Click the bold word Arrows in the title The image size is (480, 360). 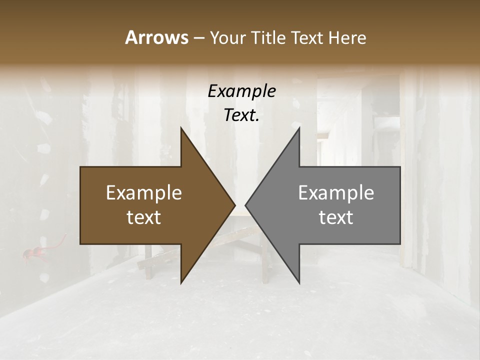(x=156, y=37)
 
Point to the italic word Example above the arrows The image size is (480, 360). (x=241, y=91)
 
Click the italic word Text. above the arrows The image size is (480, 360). (x=241, y=115)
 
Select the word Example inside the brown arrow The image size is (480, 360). (x=144, y=193)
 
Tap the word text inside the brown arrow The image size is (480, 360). (x=144, y=217)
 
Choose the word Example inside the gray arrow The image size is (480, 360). (x=336, y=193)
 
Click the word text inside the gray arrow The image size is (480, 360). (x=336, y=217)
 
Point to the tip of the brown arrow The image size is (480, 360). (x=235, y=205)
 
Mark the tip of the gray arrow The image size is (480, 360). (x=245, y=205)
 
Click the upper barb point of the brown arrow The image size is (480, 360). (x=181, y=128)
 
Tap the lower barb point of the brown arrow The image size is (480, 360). (x=181, y=283)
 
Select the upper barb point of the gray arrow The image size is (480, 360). (x=299, y=128)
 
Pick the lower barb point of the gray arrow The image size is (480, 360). (x=299, y=283)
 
